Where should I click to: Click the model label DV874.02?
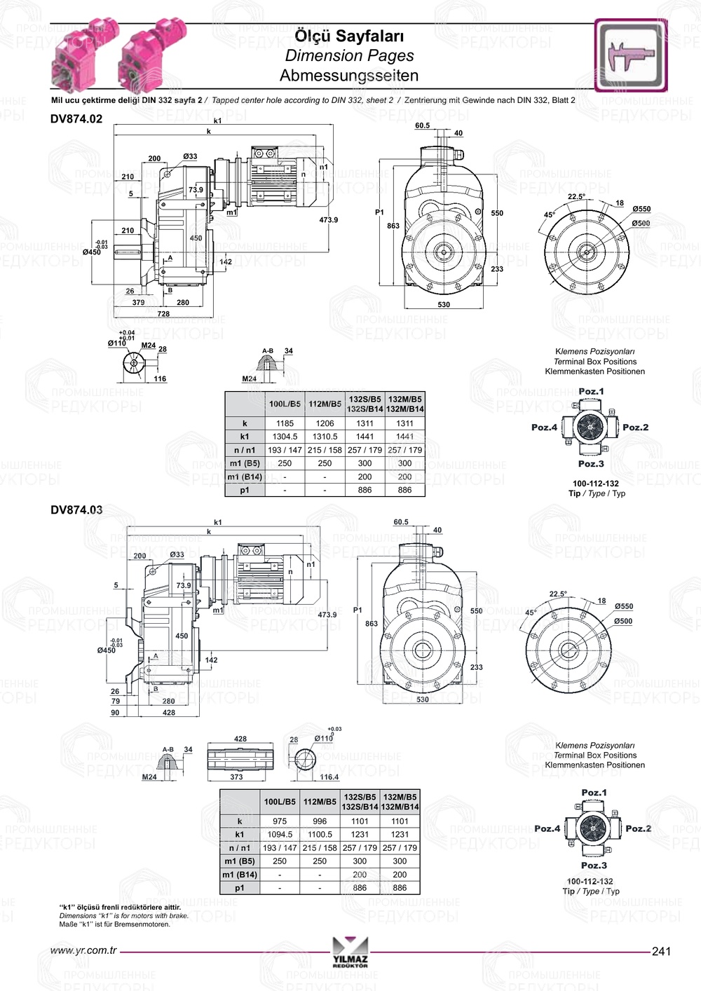click(76, 119)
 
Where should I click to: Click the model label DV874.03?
click(76, 510)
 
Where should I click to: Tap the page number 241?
click(661, 951)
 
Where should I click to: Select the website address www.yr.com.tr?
click(83, 951)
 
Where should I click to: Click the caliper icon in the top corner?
click(630, 55)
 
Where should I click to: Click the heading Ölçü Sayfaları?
click(349, 36)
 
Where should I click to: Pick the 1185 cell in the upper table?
click(285, 423)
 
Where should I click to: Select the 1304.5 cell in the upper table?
click(285, 437)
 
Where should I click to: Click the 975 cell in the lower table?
click(280, 821)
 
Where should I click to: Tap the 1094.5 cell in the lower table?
click(280, 834)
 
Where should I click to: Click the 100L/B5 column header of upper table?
click(285, 404)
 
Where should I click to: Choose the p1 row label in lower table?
click(240, 887)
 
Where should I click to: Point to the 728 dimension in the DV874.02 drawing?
click(163, 314)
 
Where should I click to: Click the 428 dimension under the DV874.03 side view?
click(169, 712)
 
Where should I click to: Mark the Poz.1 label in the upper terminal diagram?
click(591, 391)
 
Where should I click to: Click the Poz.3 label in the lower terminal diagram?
click(594, 866)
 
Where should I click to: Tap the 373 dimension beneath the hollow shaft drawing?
click(237, 777)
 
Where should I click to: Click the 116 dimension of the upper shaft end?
click(160, 379)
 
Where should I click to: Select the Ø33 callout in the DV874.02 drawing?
click(190, 156)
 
